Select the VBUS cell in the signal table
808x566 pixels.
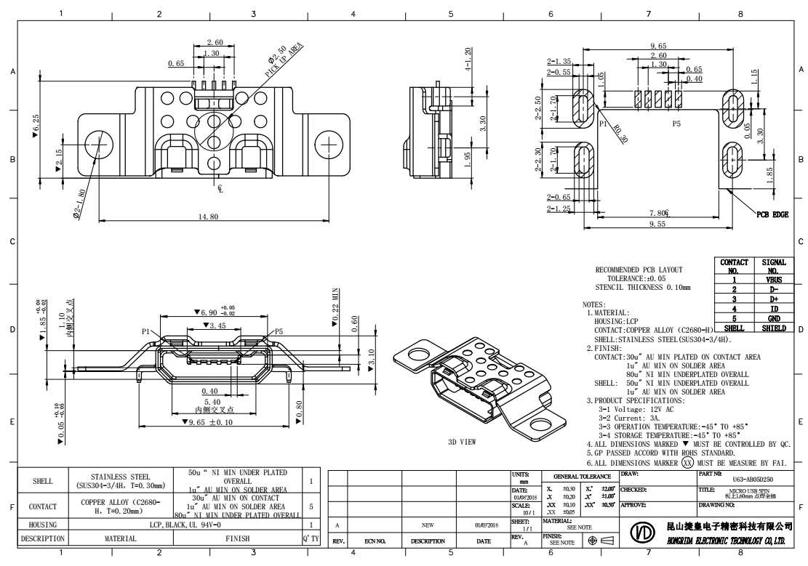(x=773, y=278)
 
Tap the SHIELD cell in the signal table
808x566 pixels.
(x=773, y=328)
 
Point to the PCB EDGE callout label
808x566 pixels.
(x=772, y=214)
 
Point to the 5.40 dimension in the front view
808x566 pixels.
(x=212, y=402)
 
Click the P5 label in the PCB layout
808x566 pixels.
(x=676, y=124)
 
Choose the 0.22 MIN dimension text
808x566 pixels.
(x=336, y=306)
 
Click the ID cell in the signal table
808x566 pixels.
(x=773, y=308)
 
